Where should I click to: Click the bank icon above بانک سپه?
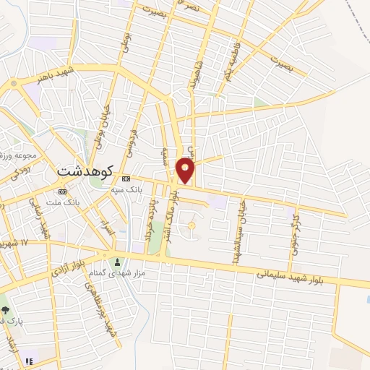tap(126, 178)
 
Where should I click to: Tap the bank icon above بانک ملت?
tap(62, 192)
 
